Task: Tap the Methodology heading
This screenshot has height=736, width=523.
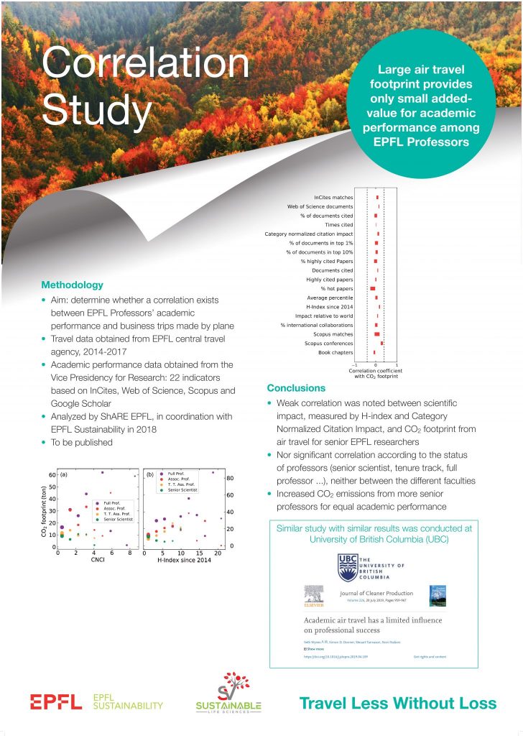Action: [x=72, y=285]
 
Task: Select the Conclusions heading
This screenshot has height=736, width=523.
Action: [x=295, y=387]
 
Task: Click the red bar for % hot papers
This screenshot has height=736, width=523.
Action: [x=372, y=288]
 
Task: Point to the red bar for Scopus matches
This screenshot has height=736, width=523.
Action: [x=376, y=334]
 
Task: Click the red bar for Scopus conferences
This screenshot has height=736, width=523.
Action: [x=381, y=344]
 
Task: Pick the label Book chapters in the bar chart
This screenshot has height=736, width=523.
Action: [x=335, y=352]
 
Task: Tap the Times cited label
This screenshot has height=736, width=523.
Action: [x=339, y=224]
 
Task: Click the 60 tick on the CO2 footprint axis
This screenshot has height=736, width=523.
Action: [x=50, y=475]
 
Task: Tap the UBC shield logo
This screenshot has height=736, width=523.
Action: [x=348, y=566]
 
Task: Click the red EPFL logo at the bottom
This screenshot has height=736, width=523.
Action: [x=55, y=701]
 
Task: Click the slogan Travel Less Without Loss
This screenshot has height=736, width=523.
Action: [x=397, y=702]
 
